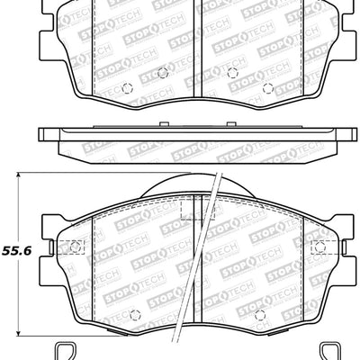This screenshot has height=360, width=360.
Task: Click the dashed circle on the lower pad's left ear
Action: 75,247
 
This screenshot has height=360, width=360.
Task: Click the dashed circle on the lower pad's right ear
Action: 319,247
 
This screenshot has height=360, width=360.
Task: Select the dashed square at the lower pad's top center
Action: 191,210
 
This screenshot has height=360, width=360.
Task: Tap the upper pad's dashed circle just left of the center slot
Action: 161,73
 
